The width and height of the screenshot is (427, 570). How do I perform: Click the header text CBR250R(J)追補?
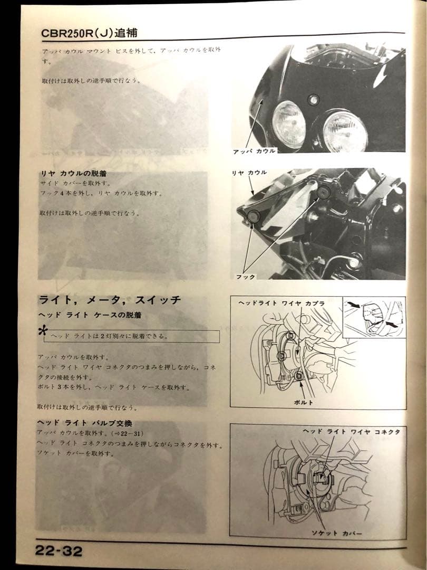[x=90, y=33]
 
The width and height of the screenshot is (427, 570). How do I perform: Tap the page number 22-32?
[x=59, y=551]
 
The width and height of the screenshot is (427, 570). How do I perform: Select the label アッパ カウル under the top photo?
[x=254, y=151]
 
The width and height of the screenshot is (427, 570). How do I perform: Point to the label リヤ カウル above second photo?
[x=249, y=173]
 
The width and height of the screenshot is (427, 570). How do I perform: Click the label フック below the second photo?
[x=246, y=277]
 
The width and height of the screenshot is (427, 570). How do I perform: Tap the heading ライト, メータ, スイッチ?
[x=110, y=300]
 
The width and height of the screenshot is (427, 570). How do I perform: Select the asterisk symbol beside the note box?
[x=42, y=331]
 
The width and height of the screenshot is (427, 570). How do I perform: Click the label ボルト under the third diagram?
[x=304, y=402]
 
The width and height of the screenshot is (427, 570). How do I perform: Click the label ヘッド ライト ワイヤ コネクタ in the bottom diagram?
[x=351, y=432]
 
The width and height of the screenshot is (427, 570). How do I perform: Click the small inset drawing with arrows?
[x=374, y=316]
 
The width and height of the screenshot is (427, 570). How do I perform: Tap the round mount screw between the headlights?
[x=315, y=99]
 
